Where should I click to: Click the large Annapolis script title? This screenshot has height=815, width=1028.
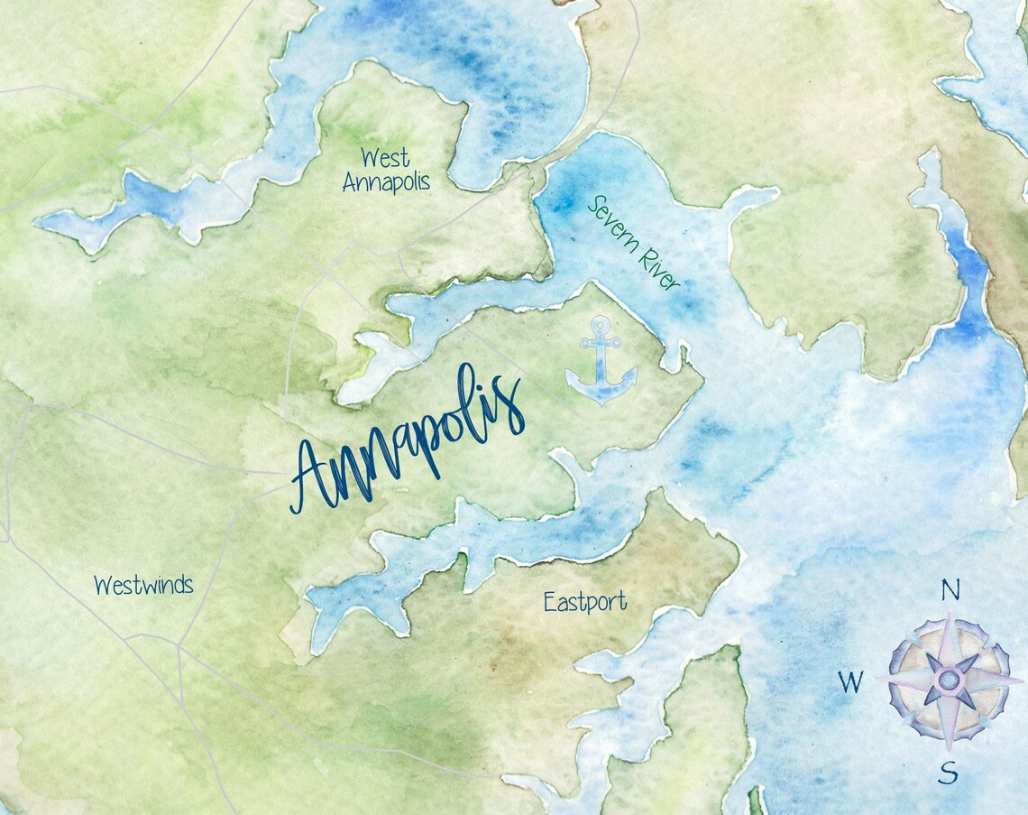[408, 440]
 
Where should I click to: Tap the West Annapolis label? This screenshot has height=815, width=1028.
[386, 170]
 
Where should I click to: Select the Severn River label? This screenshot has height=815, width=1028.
[632, 243]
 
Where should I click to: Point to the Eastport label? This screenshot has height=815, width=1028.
[584, 602]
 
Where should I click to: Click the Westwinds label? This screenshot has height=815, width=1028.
[143, 585]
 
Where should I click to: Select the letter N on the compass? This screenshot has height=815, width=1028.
[950, 589]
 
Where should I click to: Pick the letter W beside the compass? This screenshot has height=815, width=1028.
[849, 682]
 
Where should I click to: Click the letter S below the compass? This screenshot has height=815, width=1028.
[948, 773]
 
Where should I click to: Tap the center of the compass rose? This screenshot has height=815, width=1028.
[949, 680]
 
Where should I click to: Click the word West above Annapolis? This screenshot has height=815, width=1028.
[385, 158]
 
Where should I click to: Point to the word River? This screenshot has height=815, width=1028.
[656, 267]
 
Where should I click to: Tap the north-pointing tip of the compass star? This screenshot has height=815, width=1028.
[950, 612]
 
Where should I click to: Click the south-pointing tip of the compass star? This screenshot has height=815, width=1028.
[949, 749]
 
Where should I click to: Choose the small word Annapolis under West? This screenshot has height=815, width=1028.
[386, 181]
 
